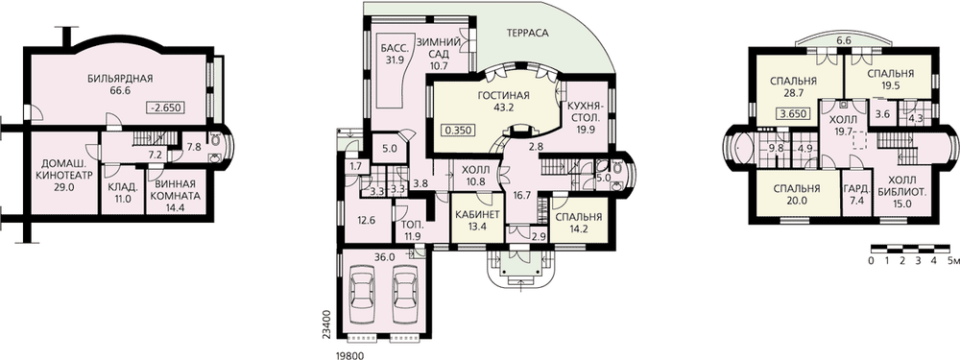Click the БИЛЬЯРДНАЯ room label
tap(119, 78)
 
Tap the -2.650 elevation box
tap(166, 108)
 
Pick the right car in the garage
tap(405, 295)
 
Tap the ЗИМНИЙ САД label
tap(439, 47)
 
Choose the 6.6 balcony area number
tap(844, 41)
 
